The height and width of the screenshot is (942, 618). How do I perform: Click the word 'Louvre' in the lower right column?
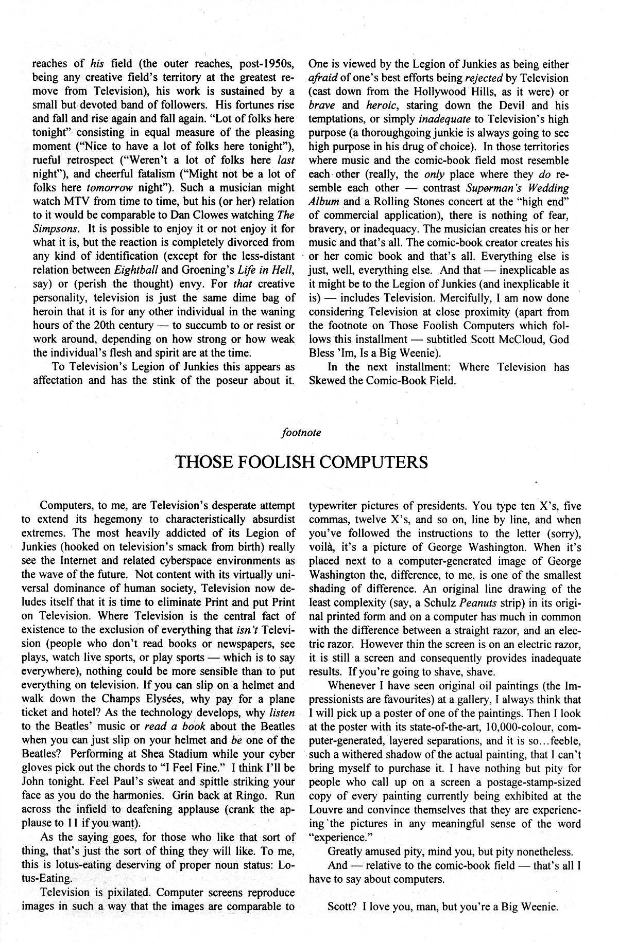(x=324, y=809)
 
